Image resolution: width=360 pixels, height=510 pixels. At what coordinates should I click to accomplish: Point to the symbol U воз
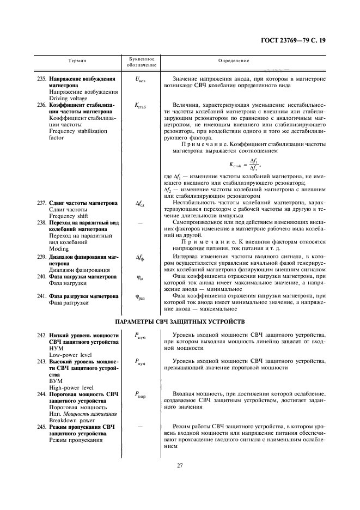(x=141, y=80)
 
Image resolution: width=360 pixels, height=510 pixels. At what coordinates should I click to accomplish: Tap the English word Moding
(x=59, y=248)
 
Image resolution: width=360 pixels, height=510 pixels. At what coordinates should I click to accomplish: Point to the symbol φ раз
(x=141, y=297)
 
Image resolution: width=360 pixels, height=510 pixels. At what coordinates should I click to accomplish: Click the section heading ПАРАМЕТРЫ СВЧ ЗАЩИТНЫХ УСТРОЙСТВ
(x=180, y=321)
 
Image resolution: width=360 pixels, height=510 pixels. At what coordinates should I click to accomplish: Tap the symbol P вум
(x=141, y=362)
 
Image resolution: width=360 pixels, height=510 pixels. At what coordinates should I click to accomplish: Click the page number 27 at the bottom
(x=180, y=465)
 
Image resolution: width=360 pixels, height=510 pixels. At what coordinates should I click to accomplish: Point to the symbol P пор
(x=141, y=394)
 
